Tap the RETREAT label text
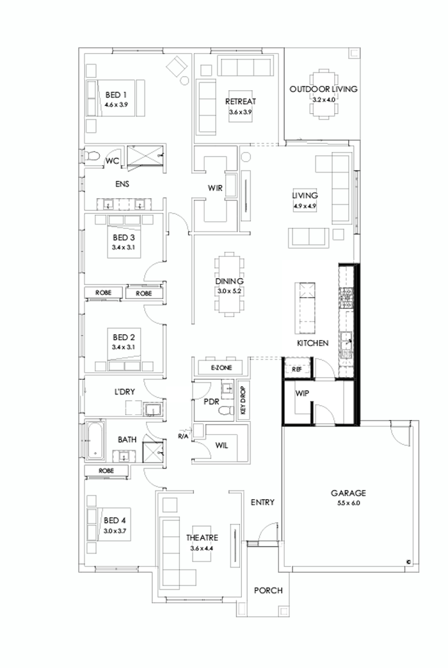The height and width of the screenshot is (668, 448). coord(241,102)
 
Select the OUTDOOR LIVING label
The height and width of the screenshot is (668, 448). coord(323,89)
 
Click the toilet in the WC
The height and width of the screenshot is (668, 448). coord(92,155)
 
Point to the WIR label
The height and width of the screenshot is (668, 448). coord(215,189)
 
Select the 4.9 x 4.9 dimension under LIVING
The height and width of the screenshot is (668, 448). coord(305,206)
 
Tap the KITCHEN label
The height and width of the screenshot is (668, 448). coord(312,343)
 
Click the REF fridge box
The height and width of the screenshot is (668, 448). coord(297,369)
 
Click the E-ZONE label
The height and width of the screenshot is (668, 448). coord(216,368)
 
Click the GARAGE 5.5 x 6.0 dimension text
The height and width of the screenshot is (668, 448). coord(348,503)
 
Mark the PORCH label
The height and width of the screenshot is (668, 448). coord(268,591)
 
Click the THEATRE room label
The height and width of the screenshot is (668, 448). coord(203,538)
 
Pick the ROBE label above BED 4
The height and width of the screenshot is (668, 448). coord(106,470)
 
